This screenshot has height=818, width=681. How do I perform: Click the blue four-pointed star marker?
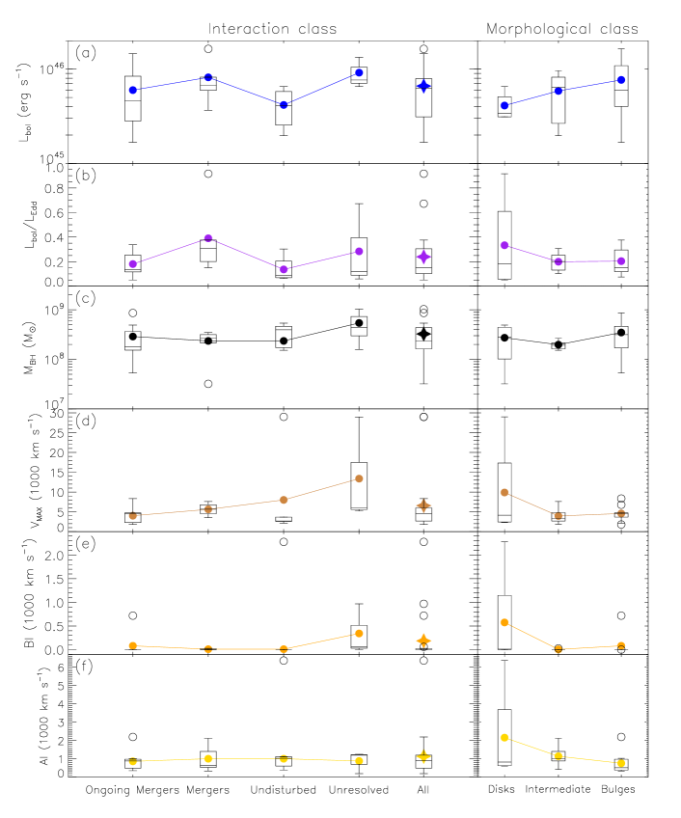point(423,86)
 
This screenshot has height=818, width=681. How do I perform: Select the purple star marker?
point(423,257)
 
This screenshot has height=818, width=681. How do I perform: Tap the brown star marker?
point(423,505)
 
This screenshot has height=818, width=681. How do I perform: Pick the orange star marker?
point(423,641)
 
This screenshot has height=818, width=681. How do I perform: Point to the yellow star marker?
point(423,756)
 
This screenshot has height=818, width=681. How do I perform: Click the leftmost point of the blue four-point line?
point(133,90)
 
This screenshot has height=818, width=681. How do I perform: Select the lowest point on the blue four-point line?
point(284,104)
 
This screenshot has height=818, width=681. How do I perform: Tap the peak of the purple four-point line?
point(208,238)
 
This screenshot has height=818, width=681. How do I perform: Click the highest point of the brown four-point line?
point(359,478)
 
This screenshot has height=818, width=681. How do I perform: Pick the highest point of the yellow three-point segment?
point(504,738)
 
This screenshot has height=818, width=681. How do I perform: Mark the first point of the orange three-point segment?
point(504,623)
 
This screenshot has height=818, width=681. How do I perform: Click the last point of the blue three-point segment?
point(621,80)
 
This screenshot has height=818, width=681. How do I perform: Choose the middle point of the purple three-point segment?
point(558,261)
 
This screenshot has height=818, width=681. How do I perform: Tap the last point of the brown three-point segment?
point(621,513)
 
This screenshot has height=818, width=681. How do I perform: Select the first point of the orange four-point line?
point(133,645)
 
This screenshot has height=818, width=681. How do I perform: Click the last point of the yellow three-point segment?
point(621,763)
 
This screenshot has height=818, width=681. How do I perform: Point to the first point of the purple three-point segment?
point(504,245)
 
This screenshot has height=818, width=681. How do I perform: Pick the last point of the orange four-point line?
point(359,634)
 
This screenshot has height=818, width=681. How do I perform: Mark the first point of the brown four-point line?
point(133,516)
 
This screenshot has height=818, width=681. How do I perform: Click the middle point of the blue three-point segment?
point(558,91)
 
